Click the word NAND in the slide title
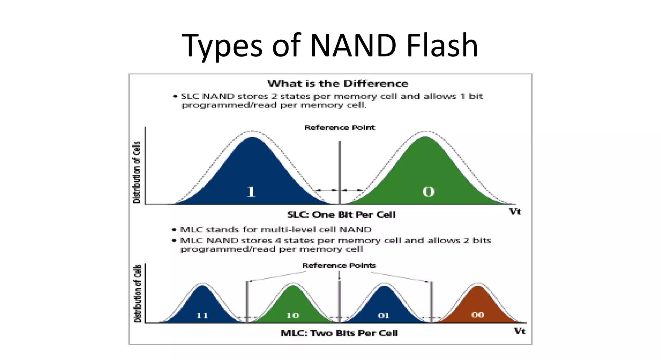point(353,45)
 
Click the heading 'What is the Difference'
point(338,84)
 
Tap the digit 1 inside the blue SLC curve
point(251,192)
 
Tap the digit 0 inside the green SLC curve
point(428,192)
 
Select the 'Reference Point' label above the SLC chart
point(340,128)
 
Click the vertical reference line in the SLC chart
point(340,168)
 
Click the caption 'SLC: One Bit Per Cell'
point(341,215)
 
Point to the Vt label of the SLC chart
point(515,212)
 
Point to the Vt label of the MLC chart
point(519,331)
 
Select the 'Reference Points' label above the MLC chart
point(339,266)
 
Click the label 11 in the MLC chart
point(202,315)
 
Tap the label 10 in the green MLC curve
point(293,315)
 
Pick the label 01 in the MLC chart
point(383,315)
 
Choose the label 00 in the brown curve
point(477,315)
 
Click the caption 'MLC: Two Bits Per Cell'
point(339,333)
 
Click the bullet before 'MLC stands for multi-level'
point(174,230)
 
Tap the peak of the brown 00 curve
point(478,286)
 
